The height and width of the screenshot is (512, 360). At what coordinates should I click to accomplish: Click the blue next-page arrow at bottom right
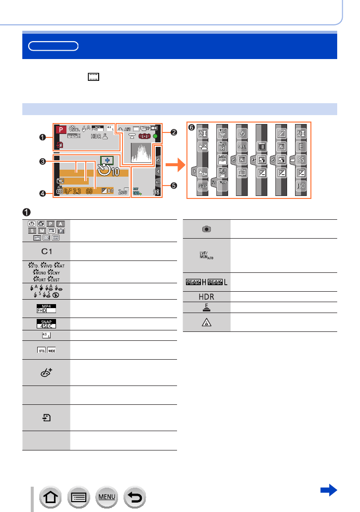[x=329, y=491]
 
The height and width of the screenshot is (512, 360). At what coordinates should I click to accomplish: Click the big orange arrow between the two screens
[x=175, y=162]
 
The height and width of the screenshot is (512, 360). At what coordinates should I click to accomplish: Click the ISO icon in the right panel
[x=301, y=186]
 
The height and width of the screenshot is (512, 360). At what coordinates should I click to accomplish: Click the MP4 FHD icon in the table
[x=46, y=309]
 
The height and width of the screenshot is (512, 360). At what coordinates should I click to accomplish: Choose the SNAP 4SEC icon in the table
[x=46, y=323]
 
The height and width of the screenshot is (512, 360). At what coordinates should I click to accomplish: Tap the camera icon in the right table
[x=207, y=230]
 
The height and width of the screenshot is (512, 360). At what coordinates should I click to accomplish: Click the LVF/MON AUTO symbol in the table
[x=207, y=255]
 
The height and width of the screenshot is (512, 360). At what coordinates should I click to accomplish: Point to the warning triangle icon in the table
[x=207, y=322]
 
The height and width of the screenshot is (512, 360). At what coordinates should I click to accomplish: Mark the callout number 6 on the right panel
[x=192, y=128]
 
